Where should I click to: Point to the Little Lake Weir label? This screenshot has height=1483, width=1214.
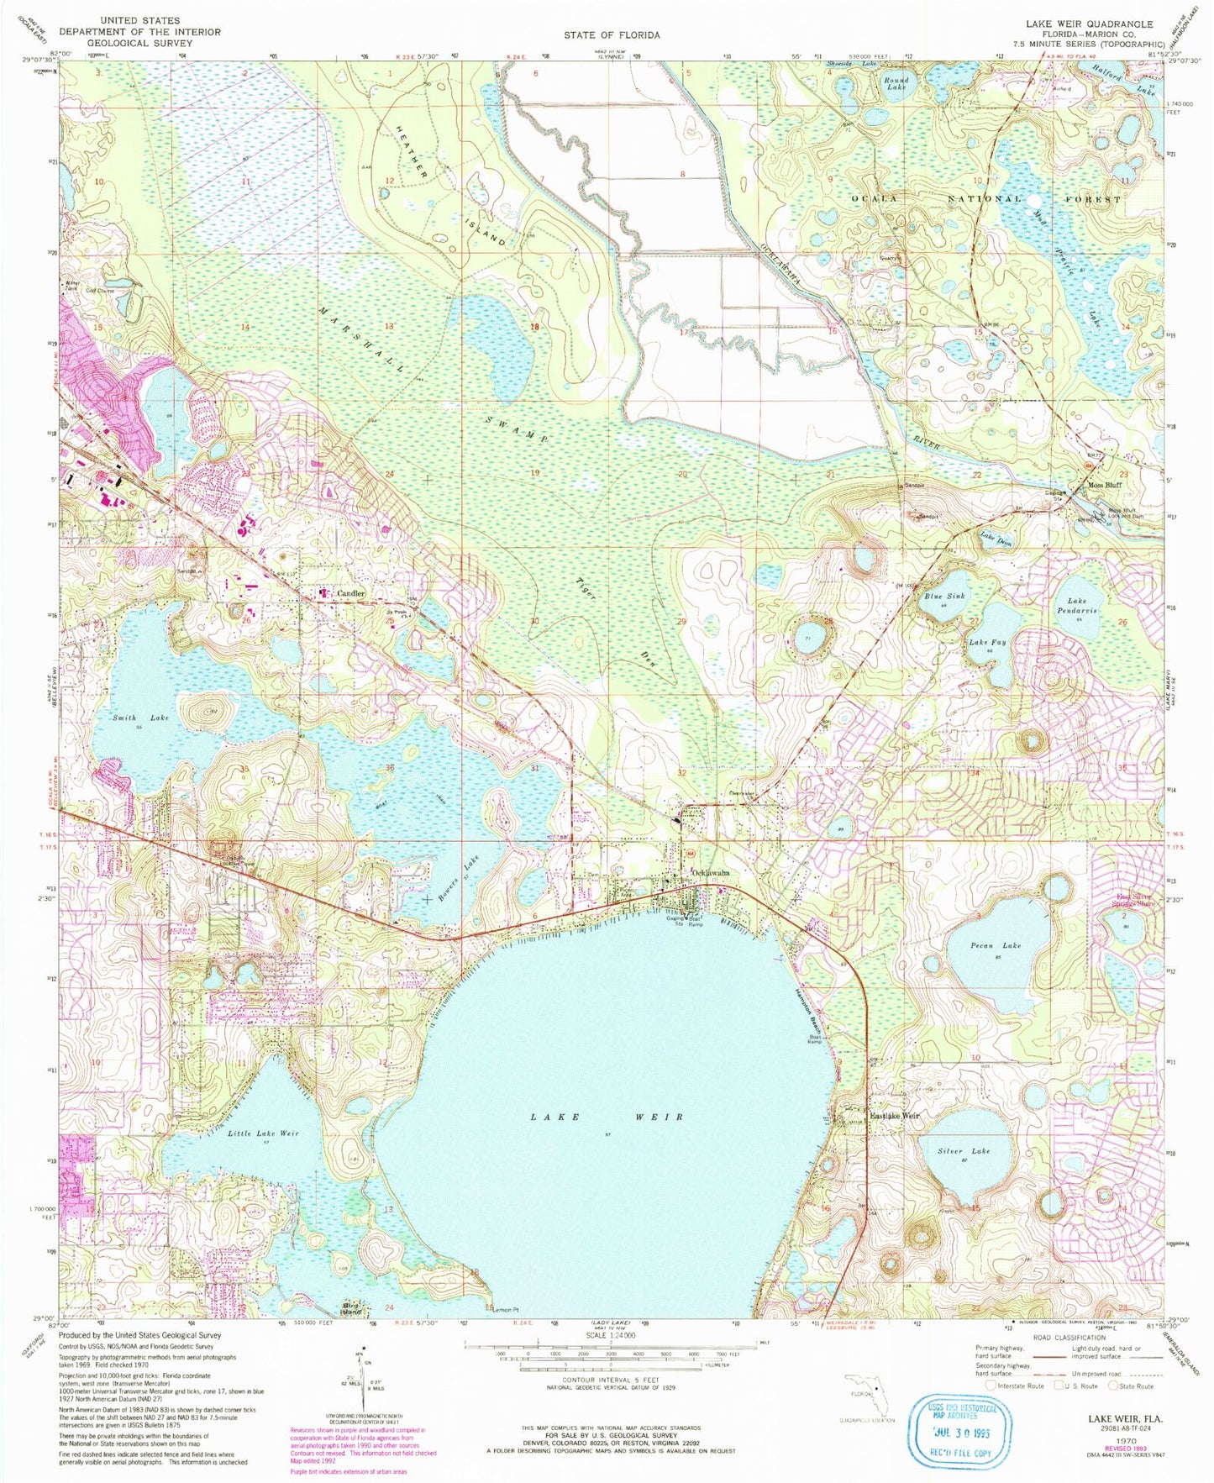(263, 1133)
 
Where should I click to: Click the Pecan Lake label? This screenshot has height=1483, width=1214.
(996, 946)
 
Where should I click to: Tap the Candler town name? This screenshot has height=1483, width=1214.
(350, 594)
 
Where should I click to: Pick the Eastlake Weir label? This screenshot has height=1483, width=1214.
(895, 1116)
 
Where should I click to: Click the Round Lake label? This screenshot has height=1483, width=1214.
(896, 84)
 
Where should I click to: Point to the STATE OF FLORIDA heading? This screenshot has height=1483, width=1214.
(611, 35)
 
